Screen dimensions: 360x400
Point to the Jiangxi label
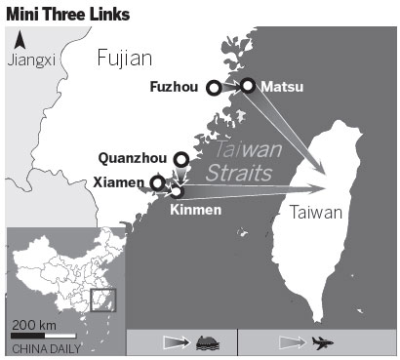(x=30, y=60)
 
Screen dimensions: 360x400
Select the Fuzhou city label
(x=175, y=87)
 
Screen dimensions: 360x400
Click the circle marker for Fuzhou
(x=214, y=88)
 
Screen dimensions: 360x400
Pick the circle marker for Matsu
(x=248, y=86)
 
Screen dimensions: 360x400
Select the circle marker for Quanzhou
(x=180, y=158)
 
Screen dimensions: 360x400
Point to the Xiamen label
(x=123, y=182)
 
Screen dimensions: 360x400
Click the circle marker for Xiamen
(x=158, y=182)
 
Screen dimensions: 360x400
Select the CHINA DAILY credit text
(x=47, y=347)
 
